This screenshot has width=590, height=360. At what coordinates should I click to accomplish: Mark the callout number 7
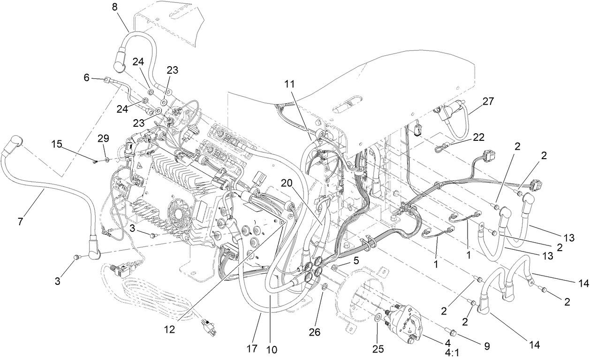coord(20,221)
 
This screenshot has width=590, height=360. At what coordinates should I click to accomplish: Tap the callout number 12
coord(169,329)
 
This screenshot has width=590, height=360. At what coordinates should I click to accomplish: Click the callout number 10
coord(272,349)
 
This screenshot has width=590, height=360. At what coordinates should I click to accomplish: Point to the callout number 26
coord(314,332)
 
